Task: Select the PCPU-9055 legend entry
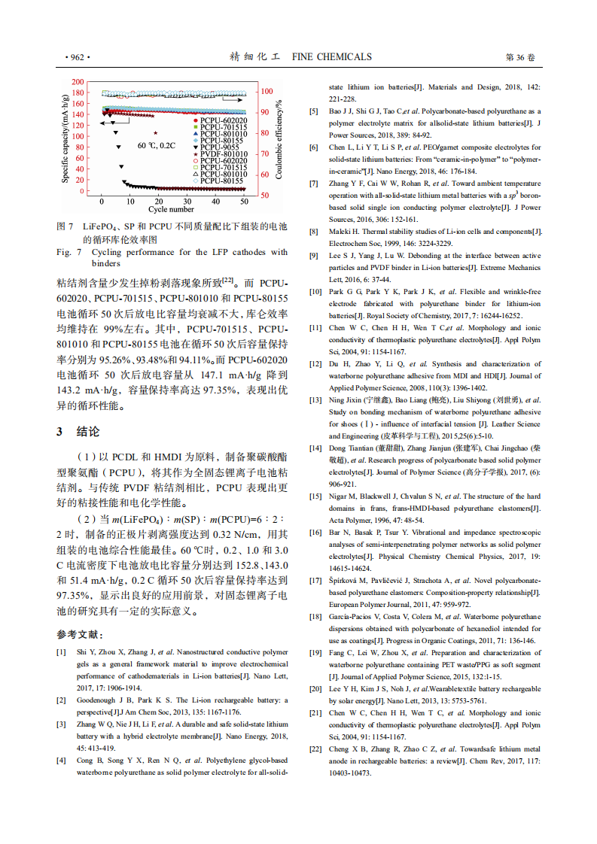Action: [x=221, y=147]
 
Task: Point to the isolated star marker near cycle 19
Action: [x=156, y=134]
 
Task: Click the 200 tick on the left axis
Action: [x=78, y=81]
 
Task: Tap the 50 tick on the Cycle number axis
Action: [x=245, y=202]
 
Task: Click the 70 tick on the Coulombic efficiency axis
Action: [x=265, y=153]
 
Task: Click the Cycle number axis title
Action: [x=171, y=210]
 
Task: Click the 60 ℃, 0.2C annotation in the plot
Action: [x=156, y=145]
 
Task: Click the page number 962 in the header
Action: [x=78, y=57]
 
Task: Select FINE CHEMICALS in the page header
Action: [x=331, y=57]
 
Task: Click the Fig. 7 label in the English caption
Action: [x=65, y=253]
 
